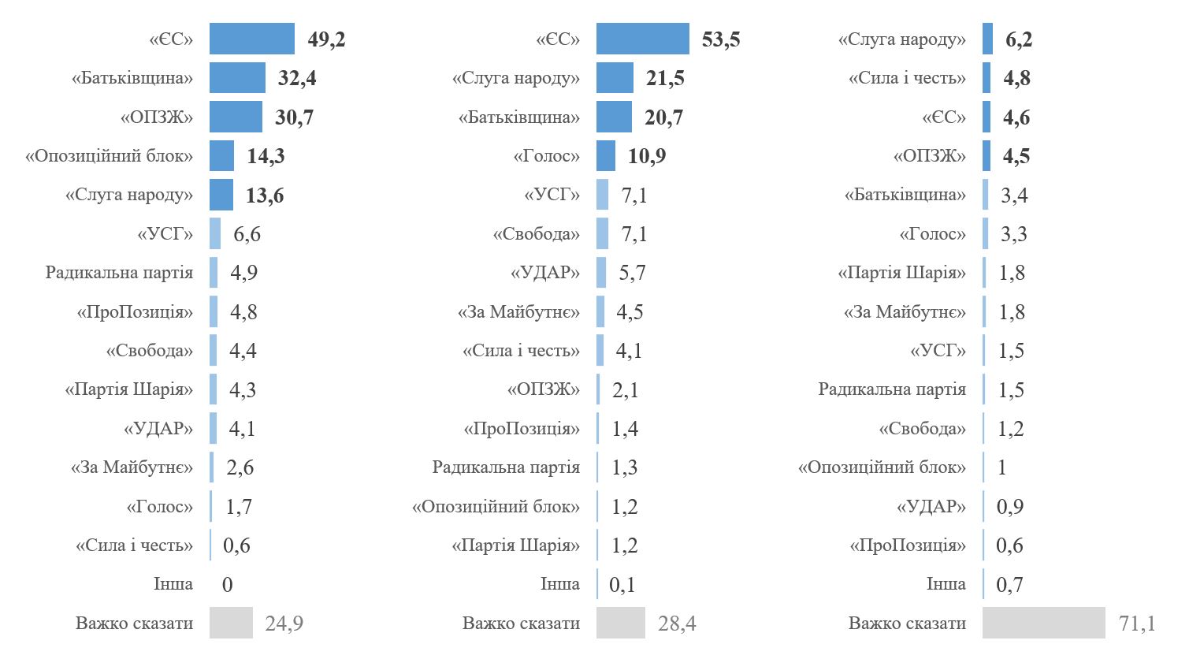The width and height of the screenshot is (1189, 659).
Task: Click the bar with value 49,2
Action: [251, 39]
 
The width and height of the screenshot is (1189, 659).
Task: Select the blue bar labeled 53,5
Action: [642, 39]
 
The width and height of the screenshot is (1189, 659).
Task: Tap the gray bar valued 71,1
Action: [1043, 623]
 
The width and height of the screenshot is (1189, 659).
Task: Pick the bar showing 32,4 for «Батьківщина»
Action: [237, 78]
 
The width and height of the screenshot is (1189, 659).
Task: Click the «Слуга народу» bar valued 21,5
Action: [615, 78]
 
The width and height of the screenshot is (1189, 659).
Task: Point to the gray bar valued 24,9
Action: [231, 623]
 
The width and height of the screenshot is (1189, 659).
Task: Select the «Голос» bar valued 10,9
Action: [605, 156]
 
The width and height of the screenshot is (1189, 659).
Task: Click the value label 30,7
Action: [294, 117]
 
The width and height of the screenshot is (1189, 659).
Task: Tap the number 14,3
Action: [266, 156]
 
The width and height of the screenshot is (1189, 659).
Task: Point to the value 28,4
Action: [677, 624]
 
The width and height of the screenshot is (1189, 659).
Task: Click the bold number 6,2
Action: [1019, 39]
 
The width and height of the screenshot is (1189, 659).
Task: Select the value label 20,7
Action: [663, 117]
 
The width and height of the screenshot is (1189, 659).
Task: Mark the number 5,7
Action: [632, 273]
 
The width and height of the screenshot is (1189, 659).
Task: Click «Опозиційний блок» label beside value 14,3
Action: [109, 156]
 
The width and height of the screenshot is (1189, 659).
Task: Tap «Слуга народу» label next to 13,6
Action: [128, 195]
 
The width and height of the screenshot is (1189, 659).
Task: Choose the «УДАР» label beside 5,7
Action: [544, 273]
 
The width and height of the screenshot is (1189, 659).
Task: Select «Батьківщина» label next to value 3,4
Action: [905, 195]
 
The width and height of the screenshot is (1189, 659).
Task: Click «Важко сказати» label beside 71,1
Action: [907, 623]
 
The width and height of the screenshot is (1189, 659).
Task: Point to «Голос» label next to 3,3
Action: [932, 234]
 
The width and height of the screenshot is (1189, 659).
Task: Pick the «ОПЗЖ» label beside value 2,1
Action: [543, 389]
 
